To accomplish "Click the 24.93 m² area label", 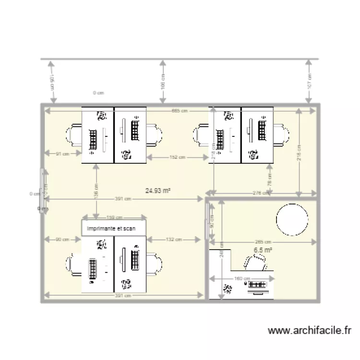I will (158, 191).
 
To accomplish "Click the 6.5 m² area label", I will (263, 250).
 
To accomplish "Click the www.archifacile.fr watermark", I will (310, 330).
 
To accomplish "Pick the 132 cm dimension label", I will (173, 239).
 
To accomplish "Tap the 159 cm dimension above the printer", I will (114, 216).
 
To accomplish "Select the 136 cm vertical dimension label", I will (96, 192).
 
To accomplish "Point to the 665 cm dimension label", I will (180, 111).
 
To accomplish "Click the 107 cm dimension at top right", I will (310, 81).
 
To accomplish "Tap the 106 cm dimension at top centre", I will (163, 82).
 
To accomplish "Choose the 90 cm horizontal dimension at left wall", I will (62, 239).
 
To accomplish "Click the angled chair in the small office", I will (255, 262).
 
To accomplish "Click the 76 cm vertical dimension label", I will (269, 180).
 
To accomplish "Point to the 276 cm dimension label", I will (260, 193).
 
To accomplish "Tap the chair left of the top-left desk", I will (76, 134).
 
